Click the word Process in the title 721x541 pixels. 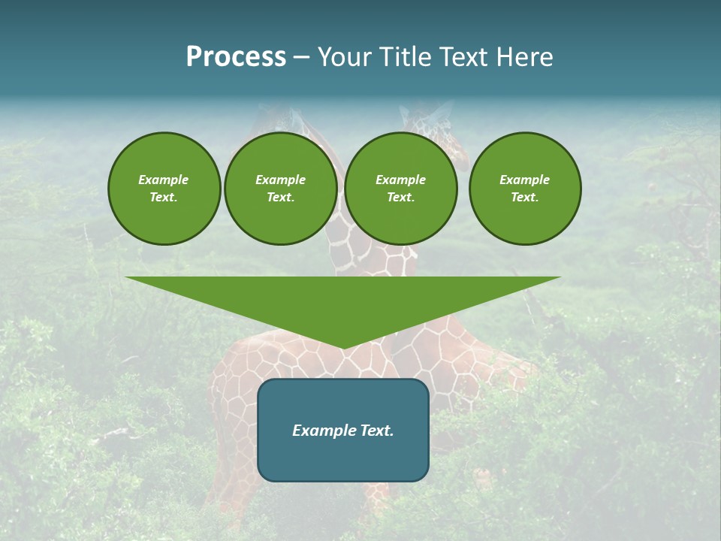[236, 57]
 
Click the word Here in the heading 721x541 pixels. [526, 57]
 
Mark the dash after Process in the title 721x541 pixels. [302, 58]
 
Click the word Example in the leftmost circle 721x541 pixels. [164, 180]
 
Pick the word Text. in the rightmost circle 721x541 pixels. [524, 198]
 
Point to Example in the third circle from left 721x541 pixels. [400, 180]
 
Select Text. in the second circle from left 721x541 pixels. [280, 198]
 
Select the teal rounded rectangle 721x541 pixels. [342, 458]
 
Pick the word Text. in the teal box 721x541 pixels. [377, 431]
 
